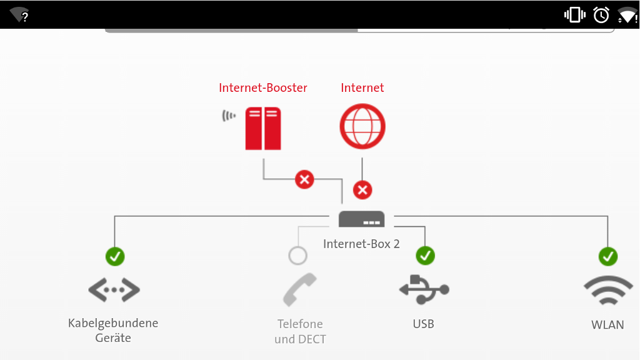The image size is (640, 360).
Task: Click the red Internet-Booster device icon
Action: point(262,128)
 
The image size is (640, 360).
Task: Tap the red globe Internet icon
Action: point(362,126)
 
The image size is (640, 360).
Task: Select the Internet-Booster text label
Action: point(263,88)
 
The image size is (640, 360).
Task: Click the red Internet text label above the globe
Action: point(362,88)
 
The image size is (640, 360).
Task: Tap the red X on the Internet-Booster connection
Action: point(304,180)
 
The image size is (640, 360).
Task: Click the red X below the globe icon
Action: point(362,189)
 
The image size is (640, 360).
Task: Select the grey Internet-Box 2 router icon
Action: point(361,219)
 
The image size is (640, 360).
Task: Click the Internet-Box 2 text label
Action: point(361,244)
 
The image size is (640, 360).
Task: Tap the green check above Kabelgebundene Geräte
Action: point(115,256)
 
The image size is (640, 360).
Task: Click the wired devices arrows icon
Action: point(114,289)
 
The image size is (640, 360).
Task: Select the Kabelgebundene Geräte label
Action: point(113,331)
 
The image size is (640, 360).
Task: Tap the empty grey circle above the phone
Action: point(298,256)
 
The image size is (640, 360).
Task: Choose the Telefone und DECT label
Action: point(300,332)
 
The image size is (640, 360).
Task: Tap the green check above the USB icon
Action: point(425,256)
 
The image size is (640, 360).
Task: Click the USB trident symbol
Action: point(424,289)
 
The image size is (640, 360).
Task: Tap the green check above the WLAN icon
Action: point(608,256)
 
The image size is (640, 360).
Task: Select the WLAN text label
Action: point(607,325)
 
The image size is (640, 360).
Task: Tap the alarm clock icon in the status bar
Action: point(601,14)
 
